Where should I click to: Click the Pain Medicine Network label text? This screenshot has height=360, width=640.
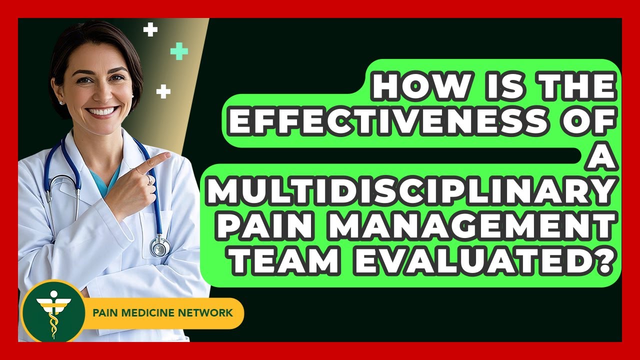(162, 313)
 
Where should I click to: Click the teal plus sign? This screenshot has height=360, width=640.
(179, 51)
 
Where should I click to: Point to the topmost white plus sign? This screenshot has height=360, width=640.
(150, 29)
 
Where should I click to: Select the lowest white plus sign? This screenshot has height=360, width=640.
(163, 91)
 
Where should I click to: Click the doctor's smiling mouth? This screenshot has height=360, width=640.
(102, 111)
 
